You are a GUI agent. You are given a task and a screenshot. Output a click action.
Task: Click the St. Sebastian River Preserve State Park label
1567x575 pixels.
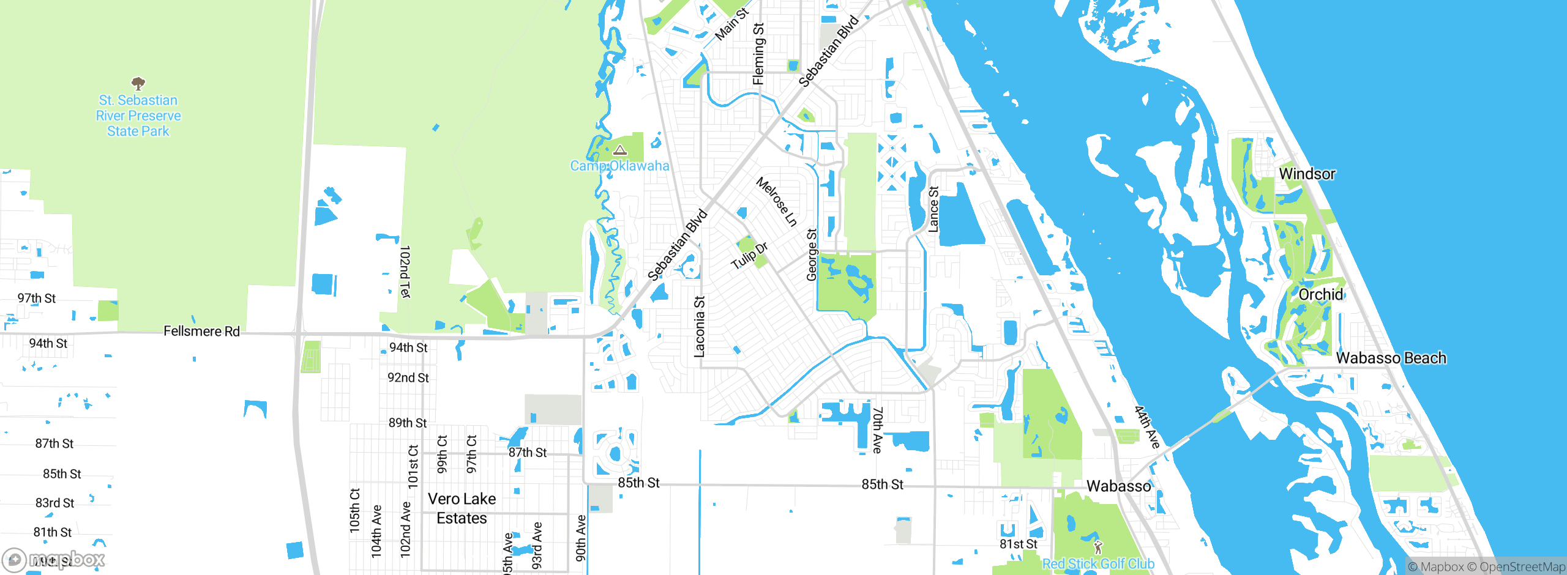pos(138,116)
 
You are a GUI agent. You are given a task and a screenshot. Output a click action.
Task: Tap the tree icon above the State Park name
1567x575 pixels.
pos(138,83)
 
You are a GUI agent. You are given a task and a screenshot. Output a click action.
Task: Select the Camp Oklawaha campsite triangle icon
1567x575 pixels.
pos(620,150)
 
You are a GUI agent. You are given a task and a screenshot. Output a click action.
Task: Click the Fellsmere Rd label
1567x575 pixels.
pos(201,331)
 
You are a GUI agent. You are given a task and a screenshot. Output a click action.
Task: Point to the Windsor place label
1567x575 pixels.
pos(1307,174)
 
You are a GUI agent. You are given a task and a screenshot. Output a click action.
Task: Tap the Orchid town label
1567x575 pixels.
pos(1320,294)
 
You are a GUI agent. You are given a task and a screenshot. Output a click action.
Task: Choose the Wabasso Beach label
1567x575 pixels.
pos(1391,358)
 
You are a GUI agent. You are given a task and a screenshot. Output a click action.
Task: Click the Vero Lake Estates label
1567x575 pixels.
pos(462,508)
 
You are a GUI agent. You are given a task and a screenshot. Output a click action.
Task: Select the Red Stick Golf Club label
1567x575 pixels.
pos(1098,564)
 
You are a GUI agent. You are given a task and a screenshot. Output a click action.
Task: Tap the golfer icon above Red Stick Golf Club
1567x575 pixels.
pos(1098,547)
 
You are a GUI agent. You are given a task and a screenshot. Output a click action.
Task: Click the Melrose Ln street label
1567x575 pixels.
pos(777,202)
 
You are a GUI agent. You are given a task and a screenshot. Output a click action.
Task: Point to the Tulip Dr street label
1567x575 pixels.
pos(749,256)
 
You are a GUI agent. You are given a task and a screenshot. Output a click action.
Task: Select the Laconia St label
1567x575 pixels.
pos(699,327)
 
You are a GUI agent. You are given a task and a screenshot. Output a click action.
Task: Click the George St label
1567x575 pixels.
pos(812,255)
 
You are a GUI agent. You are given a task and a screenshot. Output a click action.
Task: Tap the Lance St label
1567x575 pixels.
pos(933,209)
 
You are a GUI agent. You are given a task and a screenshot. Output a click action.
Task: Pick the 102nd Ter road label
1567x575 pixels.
pos(405,272)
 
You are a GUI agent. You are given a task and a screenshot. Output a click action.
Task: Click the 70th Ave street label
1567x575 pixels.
pos(878,430)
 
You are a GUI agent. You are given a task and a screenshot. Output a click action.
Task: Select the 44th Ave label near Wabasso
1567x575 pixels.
pos(1147,427)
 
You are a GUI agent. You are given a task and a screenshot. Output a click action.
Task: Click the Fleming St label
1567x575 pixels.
pos(758,54)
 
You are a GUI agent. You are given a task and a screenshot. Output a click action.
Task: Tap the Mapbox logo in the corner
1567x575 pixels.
pos(54,559)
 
